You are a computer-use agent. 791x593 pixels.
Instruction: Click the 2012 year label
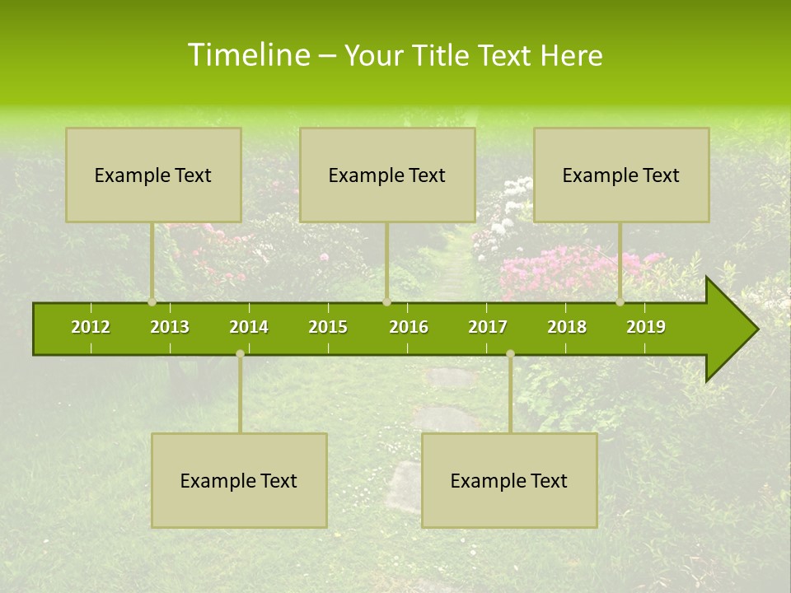(91, 327)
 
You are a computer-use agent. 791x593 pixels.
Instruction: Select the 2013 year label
(170, 327)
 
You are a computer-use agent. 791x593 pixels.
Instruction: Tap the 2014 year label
(249, 327)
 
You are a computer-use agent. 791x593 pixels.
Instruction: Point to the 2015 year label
(328, 327)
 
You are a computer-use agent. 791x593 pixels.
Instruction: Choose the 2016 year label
(409, 327)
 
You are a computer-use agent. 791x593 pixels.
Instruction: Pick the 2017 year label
(488, 327)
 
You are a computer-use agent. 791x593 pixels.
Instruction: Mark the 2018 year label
(567, 327)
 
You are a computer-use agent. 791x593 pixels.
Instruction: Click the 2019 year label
(646, 327)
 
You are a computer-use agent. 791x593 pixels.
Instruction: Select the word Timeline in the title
(248, 55)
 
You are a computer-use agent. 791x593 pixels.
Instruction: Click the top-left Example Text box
(153, 175)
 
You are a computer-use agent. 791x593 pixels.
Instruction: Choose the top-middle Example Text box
(387, 175)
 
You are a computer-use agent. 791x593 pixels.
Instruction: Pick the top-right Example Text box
(621, 175)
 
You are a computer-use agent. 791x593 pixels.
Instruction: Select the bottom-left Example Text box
(239, 480)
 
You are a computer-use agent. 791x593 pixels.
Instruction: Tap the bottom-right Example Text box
(509, 480)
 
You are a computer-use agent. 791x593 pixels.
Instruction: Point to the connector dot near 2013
(152, 302)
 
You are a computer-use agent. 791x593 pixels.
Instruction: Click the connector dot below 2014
(240, 353)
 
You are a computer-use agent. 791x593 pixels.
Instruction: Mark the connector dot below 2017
(510, 353)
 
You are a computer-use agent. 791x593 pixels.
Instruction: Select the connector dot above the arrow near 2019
(620, 302)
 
